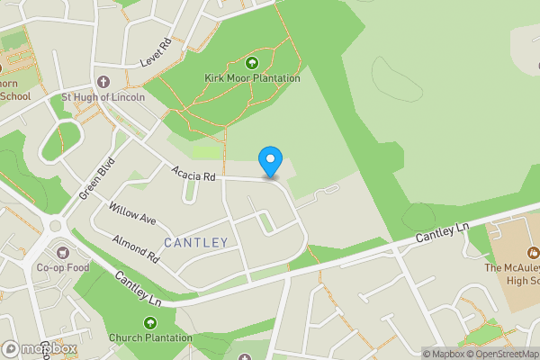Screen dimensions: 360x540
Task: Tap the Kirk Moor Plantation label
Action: coord(252,78)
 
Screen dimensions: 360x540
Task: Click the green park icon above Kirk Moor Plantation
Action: coord(252,63)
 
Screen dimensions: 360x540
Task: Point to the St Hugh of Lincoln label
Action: coord(103,97)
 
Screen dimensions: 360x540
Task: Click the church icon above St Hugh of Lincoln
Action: coord(102,82)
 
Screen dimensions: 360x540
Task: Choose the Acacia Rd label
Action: coord(195,174)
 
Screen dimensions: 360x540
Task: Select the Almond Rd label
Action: coord(136,247)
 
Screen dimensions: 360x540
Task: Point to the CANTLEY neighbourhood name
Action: coord(196,244)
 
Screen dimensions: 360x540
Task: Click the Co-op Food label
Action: coord(62,267)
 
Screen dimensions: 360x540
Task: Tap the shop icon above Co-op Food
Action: coord(62,252)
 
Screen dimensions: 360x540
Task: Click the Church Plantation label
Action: coord(150,338)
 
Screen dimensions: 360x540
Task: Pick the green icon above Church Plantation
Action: coord(150,323)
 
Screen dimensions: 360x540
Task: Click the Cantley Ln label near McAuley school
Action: coord(443,235)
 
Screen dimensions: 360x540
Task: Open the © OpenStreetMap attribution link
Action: coord(499,354)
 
